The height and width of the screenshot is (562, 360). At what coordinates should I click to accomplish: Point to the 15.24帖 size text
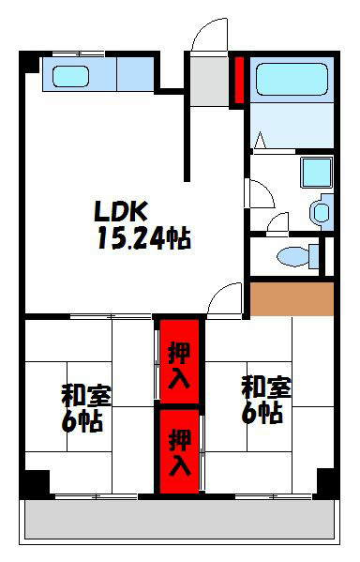tap(142, 239)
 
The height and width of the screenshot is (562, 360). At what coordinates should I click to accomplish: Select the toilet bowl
tap(295, 254)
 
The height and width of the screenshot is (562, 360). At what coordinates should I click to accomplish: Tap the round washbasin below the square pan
tap(322, 210)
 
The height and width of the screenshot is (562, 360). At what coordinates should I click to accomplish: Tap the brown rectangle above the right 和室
tap(292, 299)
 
